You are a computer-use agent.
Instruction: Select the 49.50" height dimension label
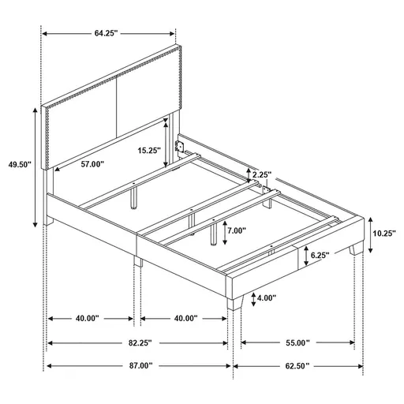click(x=18, y=165)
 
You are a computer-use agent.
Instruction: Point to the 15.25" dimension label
click(x=148, y=148)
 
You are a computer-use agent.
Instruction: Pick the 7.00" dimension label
click(x=234, y=231)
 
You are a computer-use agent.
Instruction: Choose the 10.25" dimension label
click(x=383, y=233)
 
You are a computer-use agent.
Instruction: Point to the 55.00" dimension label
click(x=297, y=343)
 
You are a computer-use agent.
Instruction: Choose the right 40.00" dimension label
click(x=185, y=319)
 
